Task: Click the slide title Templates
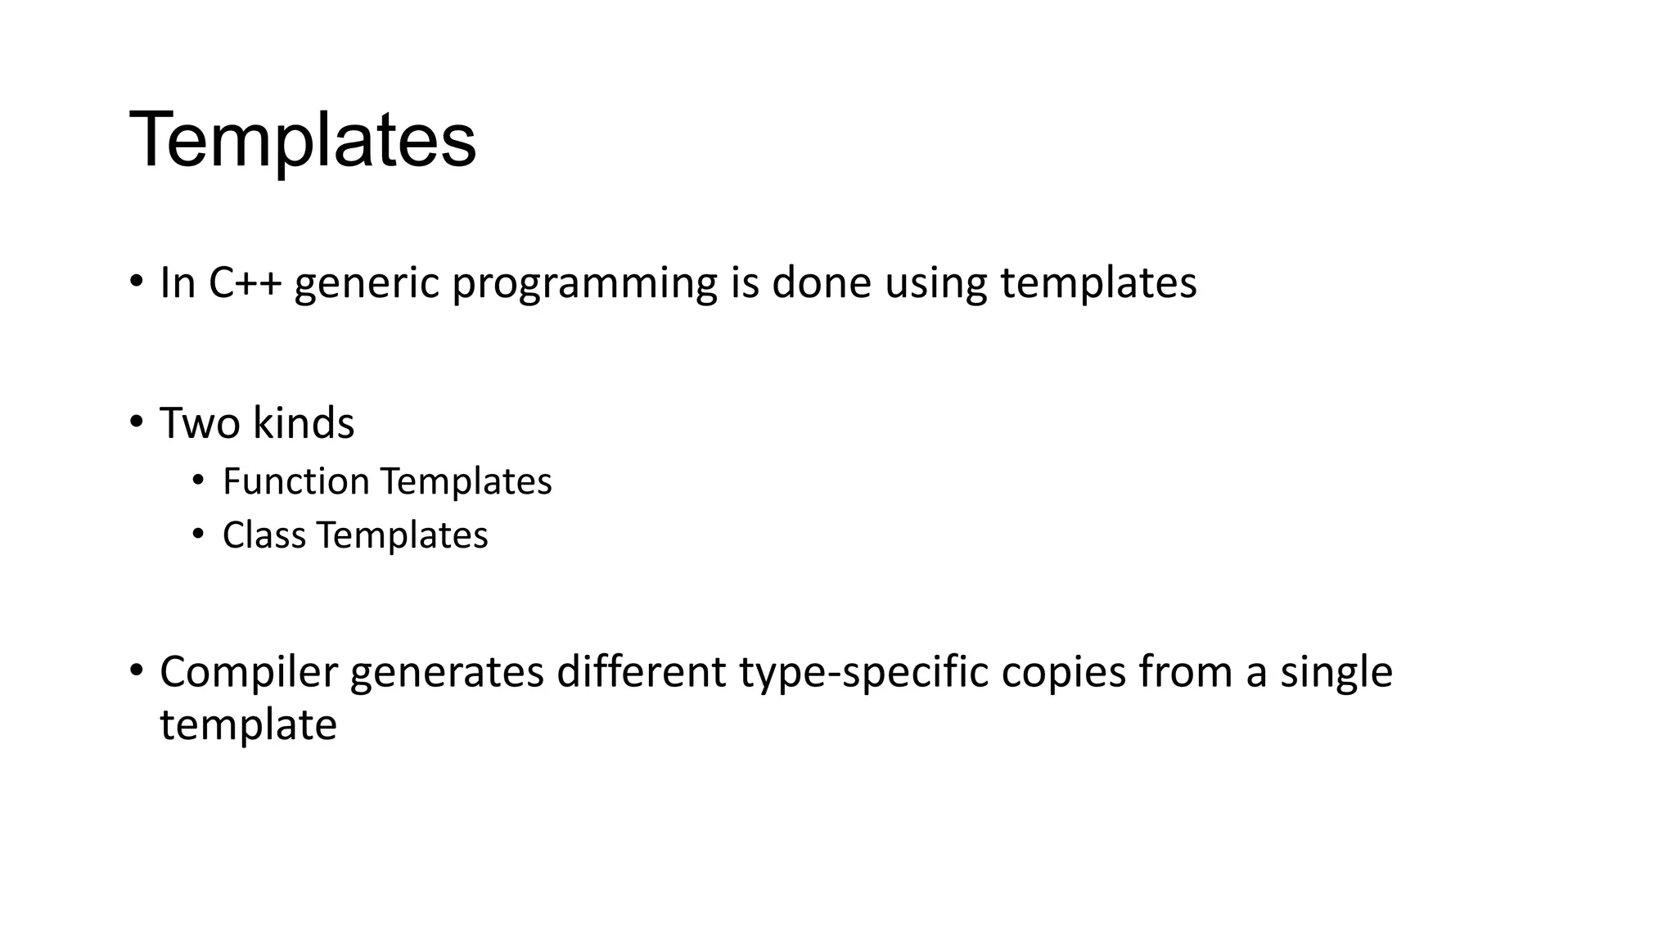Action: click(303, 140)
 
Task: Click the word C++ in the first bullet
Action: click(245, 282)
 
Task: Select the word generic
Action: click(367, 284)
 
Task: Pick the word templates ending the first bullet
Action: click(1098, 284)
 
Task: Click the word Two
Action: click(200, 423)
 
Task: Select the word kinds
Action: click(304, 423)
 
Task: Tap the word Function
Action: click(295, 481)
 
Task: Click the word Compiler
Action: click(248, 673)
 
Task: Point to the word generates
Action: click(447, 673)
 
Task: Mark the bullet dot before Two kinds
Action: click(136, 422)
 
